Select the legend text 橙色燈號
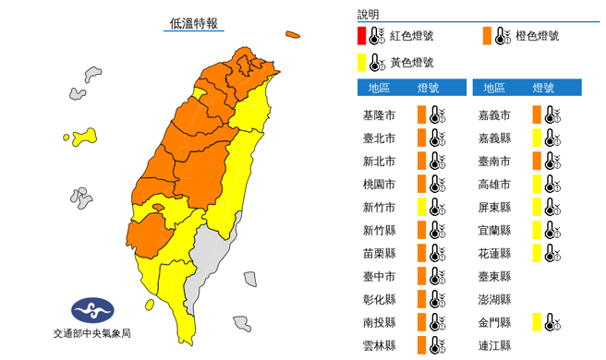coord(538,37)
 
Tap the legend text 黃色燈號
coord(411,63)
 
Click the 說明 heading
coord(368,15)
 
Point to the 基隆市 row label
coord(382,115)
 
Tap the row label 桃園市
coord(382,184)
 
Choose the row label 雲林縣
coord(382,344)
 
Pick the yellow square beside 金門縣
coord(536,322)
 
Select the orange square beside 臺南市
coord(536,161)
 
